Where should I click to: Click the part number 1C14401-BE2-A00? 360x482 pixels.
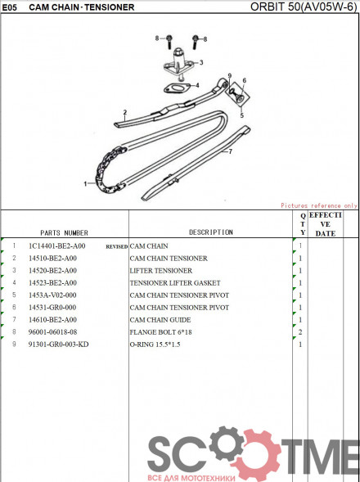click(57, 246)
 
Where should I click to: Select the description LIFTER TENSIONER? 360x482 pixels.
click(161, 271)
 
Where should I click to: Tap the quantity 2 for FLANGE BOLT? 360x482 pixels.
click(300, 332)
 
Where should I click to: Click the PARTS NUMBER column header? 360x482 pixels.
click(64, 232)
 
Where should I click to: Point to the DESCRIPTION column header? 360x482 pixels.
click(211, 232)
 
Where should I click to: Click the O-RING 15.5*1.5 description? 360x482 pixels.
click(155, 345)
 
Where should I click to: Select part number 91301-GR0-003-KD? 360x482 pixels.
click(58, 345)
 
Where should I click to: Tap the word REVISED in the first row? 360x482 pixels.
click(117, 246)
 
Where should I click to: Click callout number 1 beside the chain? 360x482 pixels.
click(85, 184)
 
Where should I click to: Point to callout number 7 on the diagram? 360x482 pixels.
click(230, 151)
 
